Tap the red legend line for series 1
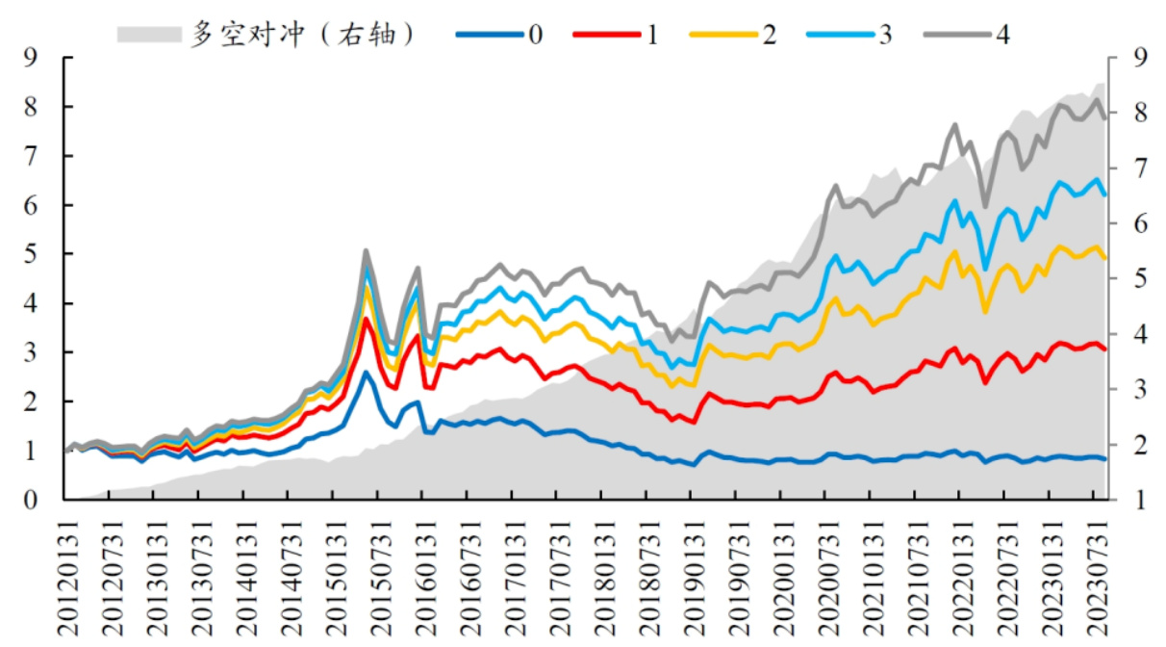[605, 35]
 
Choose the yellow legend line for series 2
[722, 35]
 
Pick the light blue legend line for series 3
[839, 35]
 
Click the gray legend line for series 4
[957, 35]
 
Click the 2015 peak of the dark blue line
[366, 373]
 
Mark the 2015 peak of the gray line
[367, 250]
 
